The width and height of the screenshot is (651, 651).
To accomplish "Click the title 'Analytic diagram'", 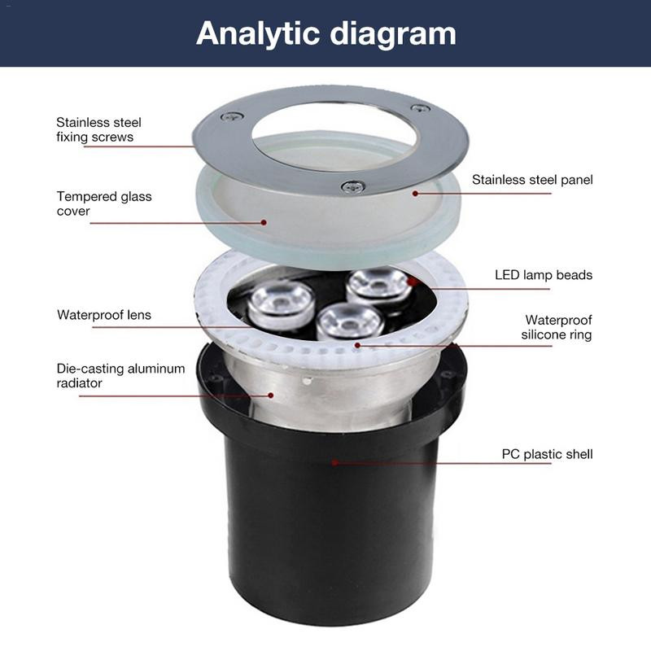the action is [x=326, y=34].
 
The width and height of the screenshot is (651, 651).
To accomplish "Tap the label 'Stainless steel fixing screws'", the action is [x=98, y=129].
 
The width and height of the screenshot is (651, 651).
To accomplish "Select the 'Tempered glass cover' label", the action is [x=104, y=203].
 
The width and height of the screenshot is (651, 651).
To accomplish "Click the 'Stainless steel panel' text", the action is [x=532, y=180].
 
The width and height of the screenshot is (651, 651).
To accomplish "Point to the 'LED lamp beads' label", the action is [x=544, y=275].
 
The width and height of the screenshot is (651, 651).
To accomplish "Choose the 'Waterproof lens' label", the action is [x=104, y=315].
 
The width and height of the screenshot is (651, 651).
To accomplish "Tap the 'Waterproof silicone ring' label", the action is [x=557, y=327].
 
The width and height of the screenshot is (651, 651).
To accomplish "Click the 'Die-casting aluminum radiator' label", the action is [x=120, y=375].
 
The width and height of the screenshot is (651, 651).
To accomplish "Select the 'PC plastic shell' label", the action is [x=547, y=454].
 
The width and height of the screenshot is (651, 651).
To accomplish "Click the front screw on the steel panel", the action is [x=353, y=186].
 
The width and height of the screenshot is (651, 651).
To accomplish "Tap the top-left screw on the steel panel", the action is [x=232, y=116].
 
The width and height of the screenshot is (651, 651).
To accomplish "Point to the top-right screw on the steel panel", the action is [x=420, y=108].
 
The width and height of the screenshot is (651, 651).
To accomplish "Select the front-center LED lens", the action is [x=349, y=321].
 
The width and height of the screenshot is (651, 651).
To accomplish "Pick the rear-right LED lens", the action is [x=378, y=286].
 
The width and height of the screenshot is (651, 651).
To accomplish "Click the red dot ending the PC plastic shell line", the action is [x=334, y=462].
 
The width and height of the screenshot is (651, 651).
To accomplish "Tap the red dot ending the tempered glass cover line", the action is [x=264, y=222].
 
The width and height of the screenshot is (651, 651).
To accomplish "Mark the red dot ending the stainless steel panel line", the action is [x=415, y=194].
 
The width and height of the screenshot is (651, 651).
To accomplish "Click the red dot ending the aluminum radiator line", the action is [x=271, y=395].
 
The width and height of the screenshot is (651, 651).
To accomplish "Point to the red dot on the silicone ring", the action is [x=357, y=344].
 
